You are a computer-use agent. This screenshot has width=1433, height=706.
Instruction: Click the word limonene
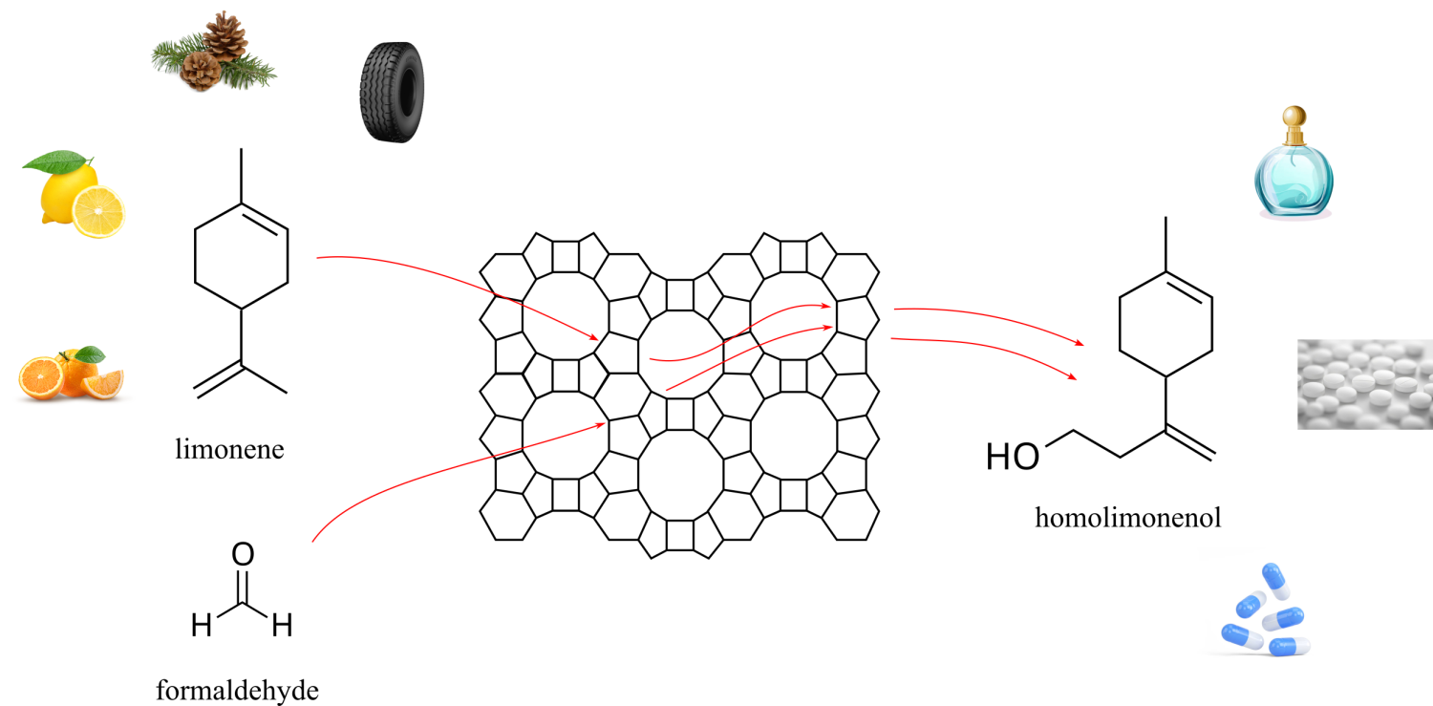click(x=229, y=449)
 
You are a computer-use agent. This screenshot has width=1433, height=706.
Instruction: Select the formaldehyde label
click(x=237, y=691)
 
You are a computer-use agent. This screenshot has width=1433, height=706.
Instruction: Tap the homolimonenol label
click(x=1128, y=518)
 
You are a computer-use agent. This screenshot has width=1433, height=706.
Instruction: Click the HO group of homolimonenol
click(x=1013, y=457)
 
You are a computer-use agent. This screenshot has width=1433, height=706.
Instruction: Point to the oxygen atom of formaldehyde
click(x=243, y=554)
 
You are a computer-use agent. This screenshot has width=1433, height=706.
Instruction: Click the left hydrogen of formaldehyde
click(x=202, y=625)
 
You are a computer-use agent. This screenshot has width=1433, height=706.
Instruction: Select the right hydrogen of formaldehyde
click(x=282, y=625)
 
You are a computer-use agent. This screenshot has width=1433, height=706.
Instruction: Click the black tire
click(x=392, y=92)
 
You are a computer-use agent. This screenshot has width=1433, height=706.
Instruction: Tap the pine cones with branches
click(x=214, y=53)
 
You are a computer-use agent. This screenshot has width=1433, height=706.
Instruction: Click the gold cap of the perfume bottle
click(x=1294, y=124)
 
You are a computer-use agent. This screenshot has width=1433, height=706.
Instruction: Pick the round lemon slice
click(x=97, y=212)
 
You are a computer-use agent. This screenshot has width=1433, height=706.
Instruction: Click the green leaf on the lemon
click(x=57, y=160)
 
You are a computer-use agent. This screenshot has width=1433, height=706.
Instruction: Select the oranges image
click(x=71, y=374)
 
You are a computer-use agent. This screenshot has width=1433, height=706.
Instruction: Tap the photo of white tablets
click(x=1364, y=384)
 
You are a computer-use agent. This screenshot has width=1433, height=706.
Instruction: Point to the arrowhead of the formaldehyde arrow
click(x=600, y=424)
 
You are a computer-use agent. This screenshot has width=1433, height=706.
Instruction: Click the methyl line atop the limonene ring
click(x=241, y=176)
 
